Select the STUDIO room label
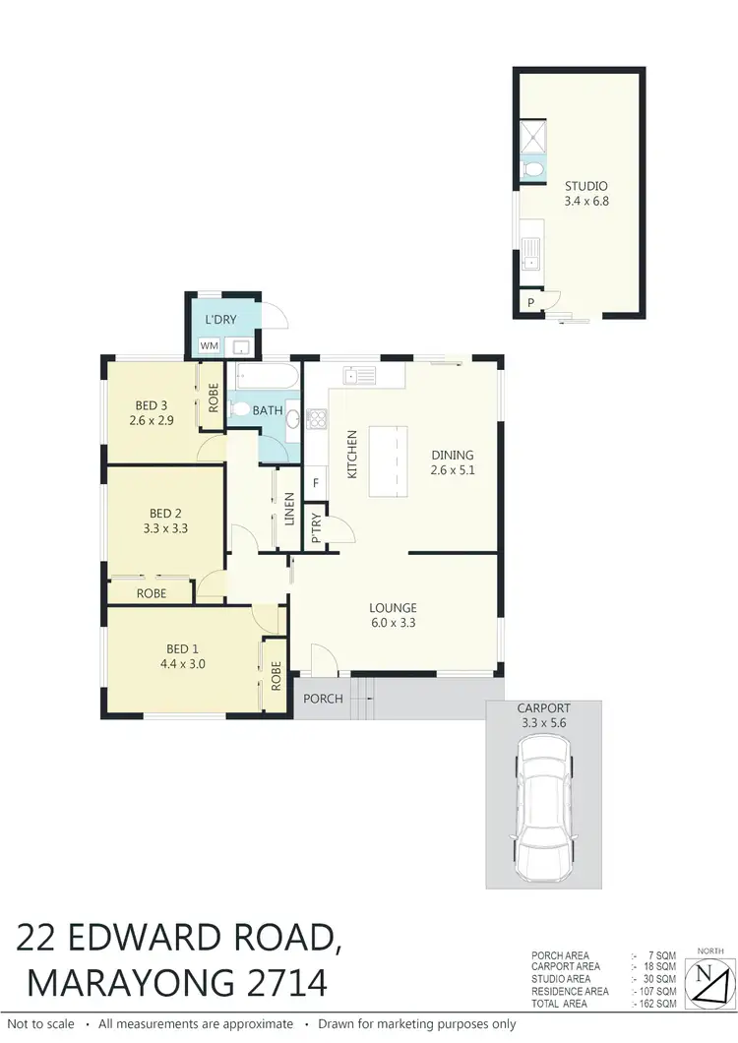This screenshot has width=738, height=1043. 585,186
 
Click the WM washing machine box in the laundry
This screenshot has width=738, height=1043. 210,346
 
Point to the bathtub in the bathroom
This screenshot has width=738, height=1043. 265,377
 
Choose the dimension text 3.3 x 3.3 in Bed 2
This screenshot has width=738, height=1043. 166,527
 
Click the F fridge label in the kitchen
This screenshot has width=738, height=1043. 316,483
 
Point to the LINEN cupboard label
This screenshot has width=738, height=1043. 289,509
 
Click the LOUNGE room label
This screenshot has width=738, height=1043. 394,607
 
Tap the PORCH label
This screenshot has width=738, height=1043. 324,699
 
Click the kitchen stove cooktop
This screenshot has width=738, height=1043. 318,419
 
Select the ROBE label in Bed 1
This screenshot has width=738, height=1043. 277,674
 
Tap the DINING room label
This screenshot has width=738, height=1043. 453,455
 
